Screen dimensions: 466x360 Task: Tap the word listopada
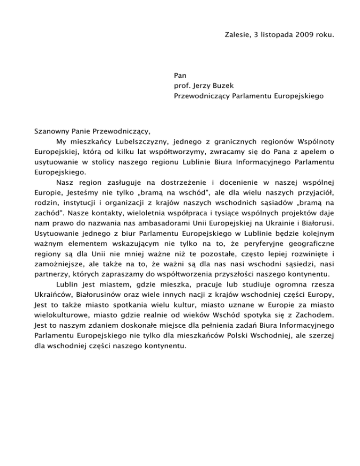coord(266,34)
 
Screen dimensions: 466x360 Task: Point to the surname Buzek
coord(230,86)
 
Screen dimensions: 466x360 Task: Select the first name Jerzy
coord(207,86)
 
